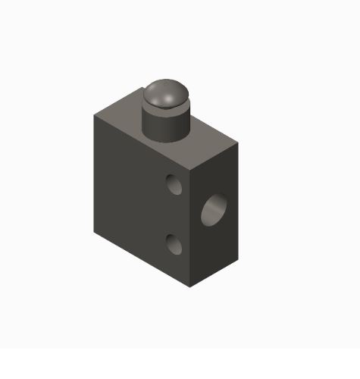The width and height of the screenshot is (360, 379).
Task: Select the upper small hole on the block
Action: pyautogui.click(x=174, y=183)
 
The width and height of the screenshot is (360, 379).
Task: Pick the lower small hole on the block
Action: pyautogui.click(x=174, y=243)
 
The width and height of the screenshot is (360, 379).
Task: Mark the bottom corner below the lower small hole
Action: pyautogui.click(x=190, y=287)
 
